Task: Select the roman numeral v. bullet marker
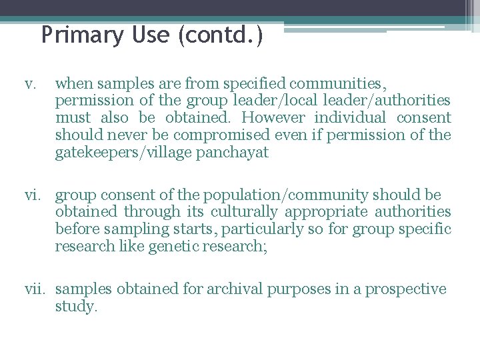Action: click(x=29, y=84)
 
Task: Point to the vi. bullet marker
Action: click(x=31, y=195)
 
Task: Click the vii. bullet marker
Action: click(x=34, y=289)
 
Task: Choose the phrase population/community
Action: click(x=286, y=195)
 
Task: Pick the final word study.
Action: click(x=76, y=307)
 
